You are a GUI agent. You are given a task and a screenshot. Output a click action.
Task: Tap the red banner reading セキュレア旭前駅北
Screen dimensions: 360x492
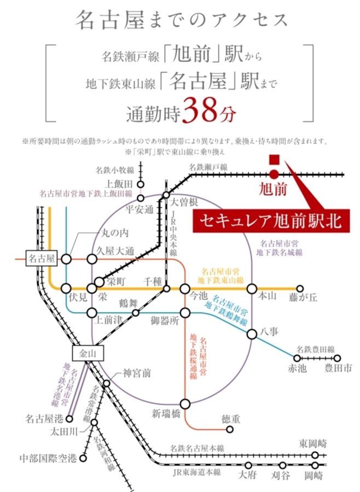tap(269, 221)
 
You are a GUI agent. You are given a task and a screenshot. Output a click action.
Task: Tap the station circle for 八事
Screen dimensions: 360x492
tap(252, 334)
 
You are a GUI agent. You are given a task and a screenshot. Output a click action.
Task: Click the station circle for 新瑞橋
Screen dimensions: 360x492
tap(185, 404)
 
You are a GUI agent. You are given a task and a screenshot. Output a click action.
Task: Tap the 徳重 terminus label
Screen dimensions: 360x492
tap(230, 419)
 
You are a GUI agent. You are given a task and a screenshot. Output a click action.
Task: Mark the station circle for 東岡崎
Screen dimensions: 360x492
tap(315, 455)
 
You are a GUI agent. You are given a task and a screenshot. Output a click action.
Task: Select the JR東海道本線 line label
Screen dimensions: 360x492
tap(197, 471)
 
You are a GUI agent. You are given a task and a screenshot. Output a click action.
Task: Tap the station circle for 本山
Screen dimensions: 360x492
tap(252, 289)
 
